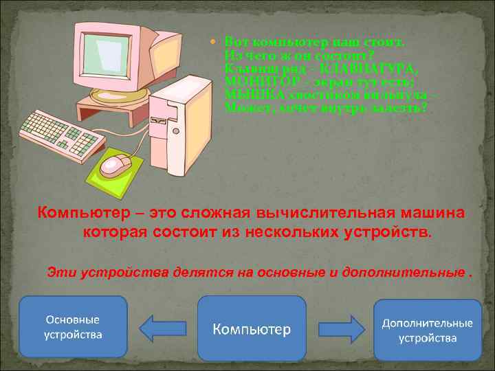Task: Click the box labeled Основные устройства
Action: pyautogui.click(x=74, y=327)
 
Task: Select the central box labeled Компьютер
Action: pyautogui.click(x=252, y=329)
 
